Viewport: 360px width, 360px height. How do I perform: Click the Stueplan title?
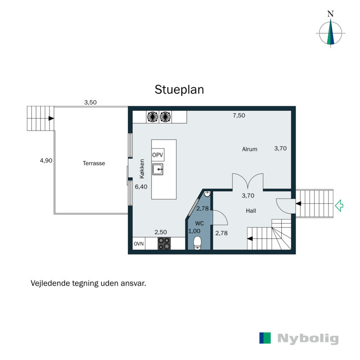click(x=180, y=89)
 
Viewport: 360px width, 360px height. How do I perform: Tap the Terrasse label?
click(x=94, y=163)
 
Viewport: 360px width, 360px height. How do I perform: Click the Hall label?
click(x=251, y=211)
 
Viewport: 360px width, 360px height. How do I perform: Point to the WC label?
click(x=199, y=223)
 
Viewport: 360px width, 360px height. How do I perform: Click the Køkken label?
click(x=142, y=170)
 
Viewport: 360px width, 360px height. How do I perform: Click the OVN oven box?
click(x=139, y=244)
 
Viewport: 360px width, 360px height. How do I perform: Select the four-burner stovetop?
click(x=164, y=243)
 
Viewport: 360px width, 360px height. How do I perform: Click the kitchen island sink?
click(x=157, y=169)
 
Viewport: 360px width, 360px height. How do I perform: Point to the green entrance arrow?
click(x=340, y=206)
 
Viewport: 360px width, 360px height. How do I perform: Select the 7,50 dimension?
click(x=239, y=116)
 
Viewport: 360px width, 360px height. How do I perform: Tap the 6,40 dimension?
click(x=141, y=187)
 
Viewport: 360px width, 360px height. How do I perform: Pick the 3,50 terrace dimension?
click(x=90, y=102)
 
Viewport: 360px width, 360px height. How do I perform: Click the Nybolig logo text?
click(x=308, y=339)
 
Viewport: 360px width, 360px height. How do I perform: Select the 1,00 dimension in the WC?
click(x=194, y=231)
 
